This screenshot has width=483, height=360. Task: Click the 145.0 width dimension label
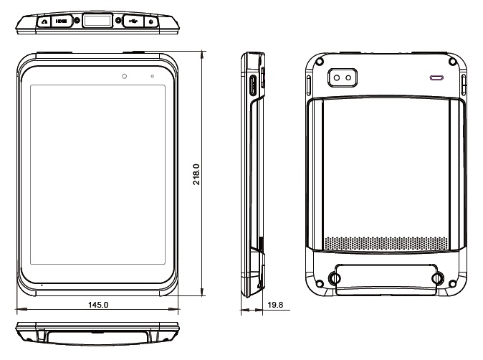click(97, 305)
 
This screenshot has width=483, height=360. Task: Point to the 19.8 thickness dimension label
click(274, 305)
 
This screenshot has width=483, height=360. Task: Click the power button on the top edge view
click(150, 22)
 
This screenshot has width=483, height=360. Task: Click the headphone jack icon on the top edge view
click(44, 22)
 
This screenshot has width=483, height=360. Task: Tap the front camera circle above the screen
click(124, 75)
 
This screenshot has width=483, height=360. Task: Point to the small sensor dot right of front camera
click(152, 75)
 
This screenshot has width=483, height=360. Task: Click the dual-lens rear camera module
click(343, 77)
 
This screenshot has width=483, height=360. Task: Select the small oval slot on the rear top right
click(436, 76)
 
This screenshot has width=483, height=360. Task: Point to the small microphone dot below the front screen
click(42, 285)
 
